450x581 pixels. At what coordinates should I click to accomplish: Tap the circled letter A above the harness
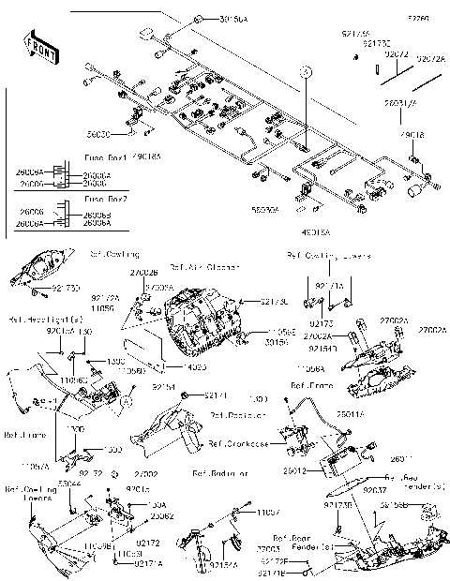305,71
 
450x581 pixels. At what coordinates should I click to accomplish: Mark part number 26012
293,471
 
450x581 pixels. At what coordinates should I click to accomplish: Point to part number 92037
373,489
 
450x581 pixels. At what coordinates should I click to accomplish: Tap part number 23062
161,516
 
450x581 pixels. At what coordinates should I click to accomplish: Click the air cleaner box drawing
202,319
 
